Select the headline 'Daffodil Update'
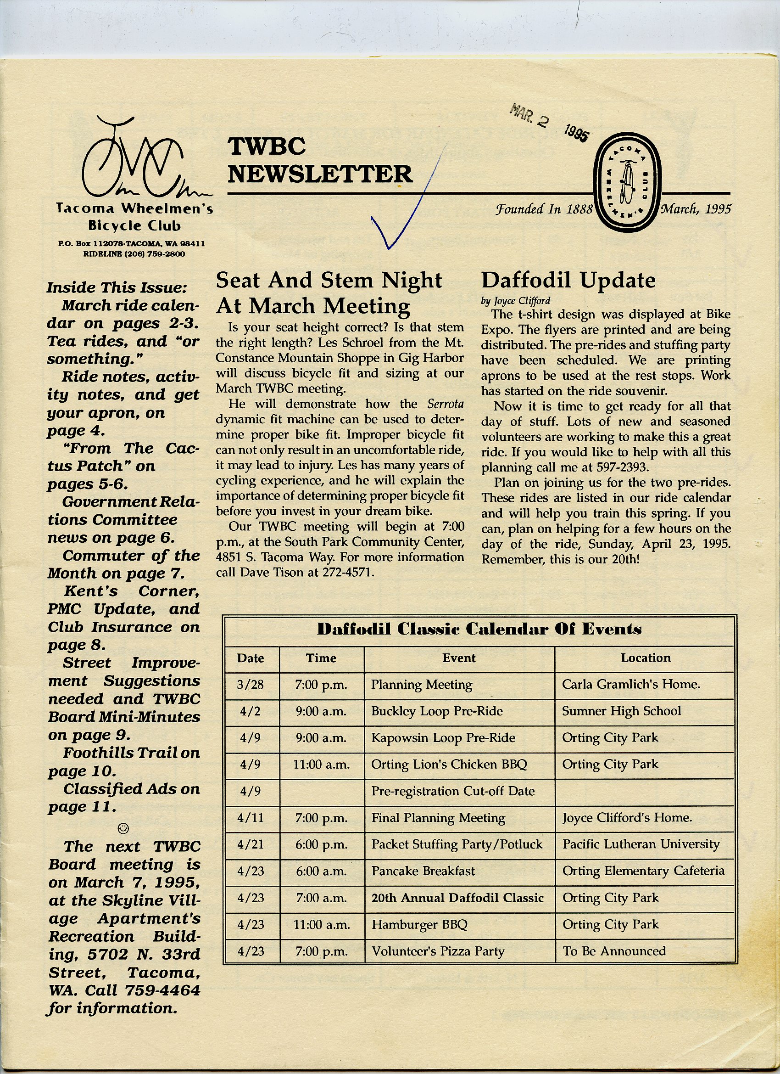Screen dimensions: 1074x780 coord(568,281)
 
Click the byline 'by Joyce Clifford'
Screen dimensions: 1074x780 coord(515,301)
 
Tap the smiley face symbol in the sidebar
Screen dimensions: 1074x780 coord(123,828)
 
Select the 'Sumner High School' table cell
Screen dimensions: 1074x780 coord(621,711)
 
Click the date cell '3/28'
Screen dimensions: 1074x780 coord(250,685)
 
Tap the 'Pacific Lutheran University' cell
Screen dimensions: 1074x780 coord(641,844)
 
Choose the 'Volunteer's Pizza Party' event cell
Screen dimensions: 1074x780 coord(438,951)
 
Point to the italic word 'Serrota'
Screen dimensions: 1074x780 coord(445,404)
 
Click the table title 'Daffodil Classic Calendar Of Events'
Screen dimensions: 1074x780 coord(479,630)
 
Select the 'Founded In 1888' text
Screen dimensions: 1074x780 coord(544,209)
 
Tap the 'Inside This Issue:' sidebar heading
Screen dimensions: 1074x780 coord(117,287)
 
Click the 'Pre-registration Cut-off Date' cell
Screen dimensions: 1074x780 coord(452,791)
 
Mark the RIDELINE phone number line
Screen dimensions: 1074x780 coord(134,254)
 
